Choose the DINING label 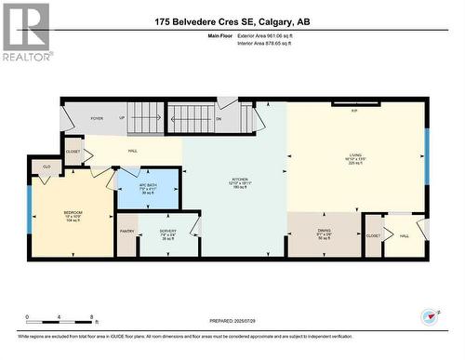coord(324,233)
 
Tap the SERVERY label coord(167,232)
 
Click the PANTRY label coord(127,231)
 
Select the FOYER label coord(97,119)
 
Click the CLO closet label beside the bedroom coord(46,167)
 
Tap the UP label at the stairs coord(121,119)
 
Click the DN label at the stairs coord(219,119)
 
